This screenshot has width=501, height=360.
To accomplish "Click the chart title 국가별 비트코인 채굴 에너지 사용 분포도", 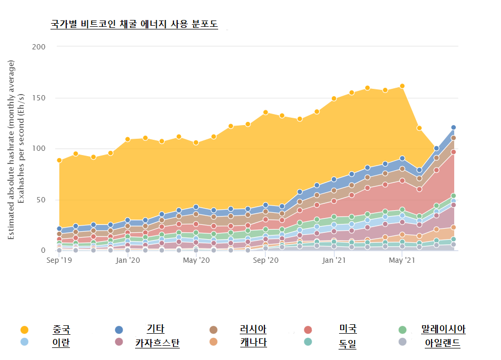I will pos(134,24).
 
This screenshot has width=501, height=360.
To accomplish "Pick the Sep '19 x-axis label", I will pos(59,260).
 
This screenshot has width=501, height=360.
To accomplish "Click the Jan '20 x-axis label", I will pos(128,260).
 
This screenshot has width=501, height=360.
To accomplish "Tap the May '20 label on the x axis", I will pos(196,260).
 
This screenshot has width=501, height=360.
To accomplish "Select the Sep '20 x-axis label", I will pos(266,260).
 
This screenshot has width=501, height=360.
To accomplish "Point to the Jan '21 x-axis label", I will pos(333,260).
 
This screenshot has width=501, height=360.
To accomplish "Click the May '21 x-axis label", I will pos(402,260).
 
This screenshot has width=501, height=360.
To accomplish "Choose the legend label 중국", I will pos(62,330).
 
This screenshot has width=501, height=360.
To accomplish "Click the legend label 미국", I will pos(348,329).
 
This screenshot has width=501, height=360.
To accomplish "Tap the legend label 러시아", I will pos(253,330).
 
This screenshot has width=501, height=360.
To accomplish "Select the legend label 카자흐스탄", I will pos(157,343).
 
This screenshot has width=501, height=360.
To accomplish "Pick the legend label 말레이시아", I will pos(443,330).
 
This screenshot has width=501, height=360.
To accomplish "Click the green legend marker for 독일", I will pos(308,342).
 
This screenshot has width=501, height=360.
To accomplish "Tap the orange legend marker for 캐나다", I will pos(213,342).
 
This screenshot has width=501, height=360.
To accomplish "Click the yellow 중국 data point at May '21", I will pos(402,86).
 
